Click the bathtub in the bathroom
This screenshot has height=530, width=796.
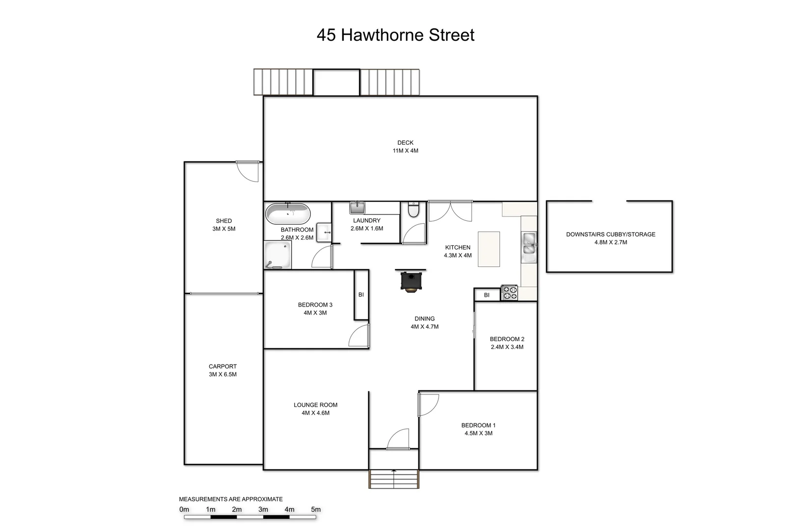(x=288, y=214)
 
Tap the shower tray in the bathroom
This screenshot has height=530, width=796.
(x=277, y=255)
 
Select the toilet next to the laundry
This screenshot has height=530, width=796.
(x=413, y=210)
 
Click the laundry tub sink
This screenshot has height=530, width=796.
(x=357, y=208)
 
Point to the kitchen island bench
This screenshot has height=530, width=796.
(x=489, y=249)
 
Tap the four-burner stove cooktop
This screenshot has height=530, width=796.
(x=509, y=293)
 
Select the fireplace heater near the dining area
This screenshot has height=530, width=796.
(x=411, y=281)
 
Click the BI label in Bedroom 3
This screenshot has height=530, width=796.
(x=361, y=295)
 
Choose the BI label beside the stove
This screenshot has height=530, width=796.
(x=487, y=295)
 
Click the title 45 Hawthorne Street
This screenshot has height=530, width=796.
(x=395, y=35)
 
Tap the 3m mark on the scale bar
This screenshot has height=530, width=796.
(x=263, y=509)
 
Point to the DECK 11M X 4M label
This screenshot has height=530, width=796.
(x=405, y=147)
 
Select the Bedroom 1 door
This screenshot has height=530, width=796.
(x=428, y=404)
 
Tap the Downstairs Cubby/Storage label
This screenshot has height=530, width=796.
(x=610, y=238)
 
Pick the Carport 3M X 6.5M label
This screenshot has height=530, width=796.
(x=222, y=371)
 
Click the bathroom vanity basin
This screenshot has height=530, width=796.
(x=324, y=233)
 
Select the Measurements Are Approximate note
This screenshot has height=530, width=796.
(x=231, y=499)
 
